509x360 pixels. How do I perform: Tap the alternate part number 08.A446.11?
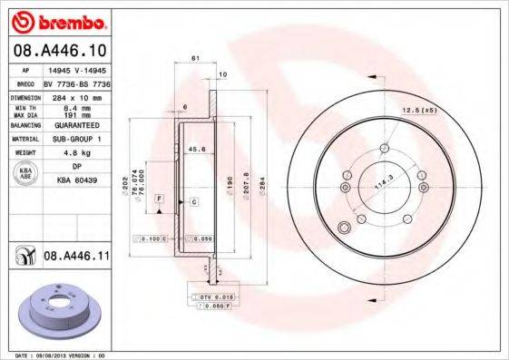pyautogui.click(x=75, y=258)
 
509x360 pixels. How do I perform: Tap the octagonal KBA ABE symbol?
pyautogui.click(x=25, y=175)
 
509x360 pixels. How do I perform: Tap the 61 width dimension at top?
pyautogui.click(x=195, y=60)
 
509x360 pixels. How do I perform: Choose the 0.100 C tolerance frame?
pyautogui.click(x=149, y=238)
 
